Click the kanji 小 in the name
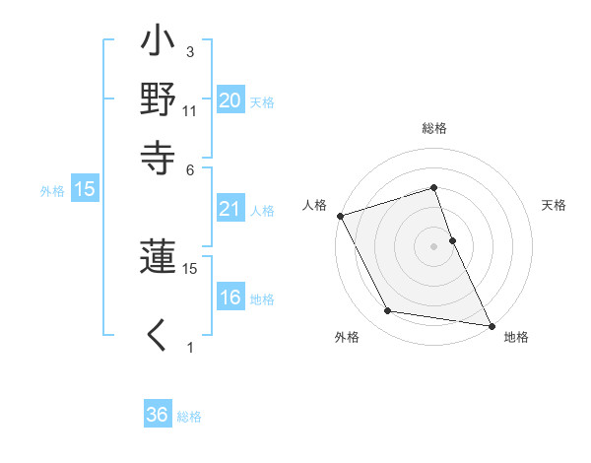pos(159,44)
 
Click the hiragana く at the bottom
pos(158,335)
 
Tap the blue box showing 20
pos(230,99)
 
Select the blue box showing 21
pos(230,208)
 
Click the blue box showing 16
pos(230,298)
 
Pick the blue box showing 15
pos(85,189)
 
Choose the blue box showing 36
pos(158,415)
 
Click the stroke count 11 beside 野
pos(189,111)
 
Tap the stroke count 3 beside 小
pos(189,51)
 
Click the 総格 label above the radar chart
pos(433,128)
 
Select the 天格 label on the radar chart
pos(554,205)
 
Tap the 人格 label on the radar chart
pos(315,205)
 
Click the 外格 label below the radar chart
pos(347,338)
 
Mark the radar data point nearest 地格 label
pos(491,324)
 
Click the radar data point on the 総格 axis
pos(433,188)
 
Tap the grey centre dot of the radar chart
pos(433,245)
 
